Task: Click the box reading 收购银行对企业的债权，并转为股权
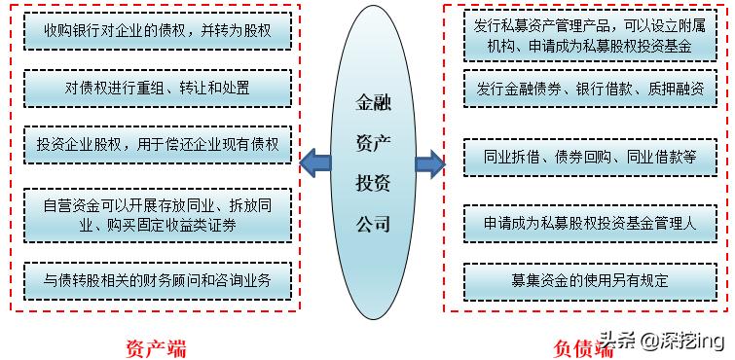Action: click(x=157, y=32)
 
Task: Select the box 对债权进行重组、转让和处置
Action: click(x=157, y=88)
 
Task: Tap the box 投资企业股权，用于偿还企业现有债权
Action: click(x=157, y=144)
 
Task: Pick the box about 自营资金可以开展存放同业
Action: click(x=157, y=215)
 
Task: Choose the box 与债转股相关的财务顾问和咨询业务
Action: click(x=157, y=282)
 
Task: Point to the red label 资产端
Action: click(x=156, y=345)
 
